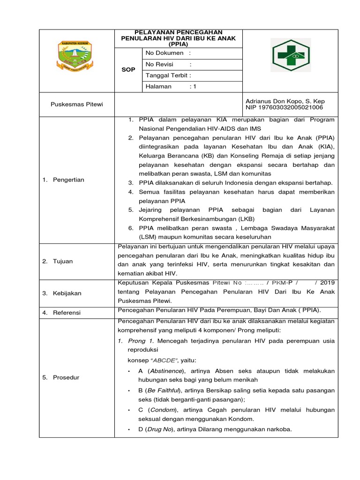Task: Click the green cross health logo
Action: point(290,55)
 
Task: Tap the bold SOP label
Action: point(128,69)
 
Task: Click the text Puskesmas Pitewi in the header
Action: point(76,104)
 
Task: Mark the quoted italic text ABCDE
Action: point(165,361)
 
